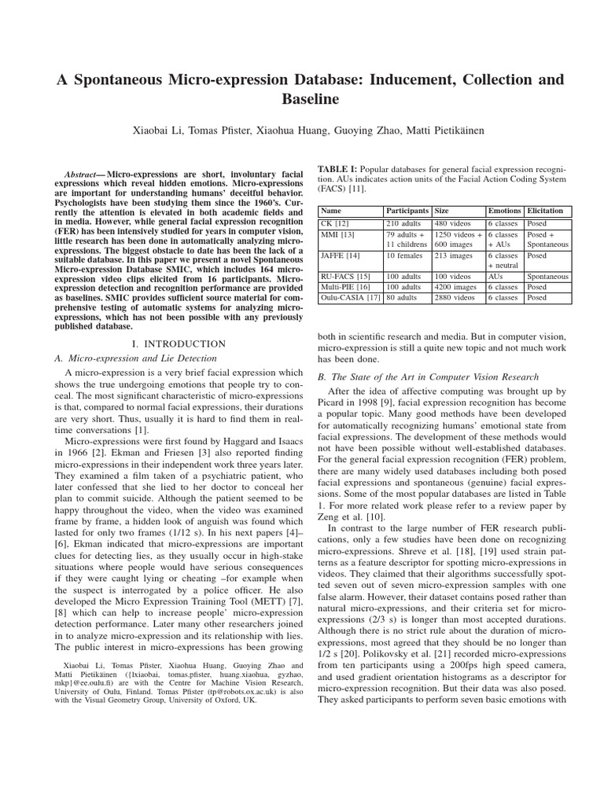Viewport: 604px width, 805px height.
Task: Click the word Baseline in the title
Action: [x=302, y=100]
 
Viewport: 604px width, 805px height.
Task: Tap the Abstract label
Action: [x=83, y=171]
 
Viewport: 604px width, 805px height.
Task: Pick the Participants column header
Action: [x=407, y=211]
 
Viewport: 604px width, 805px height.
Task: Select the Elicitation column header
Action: [x=545, y=211]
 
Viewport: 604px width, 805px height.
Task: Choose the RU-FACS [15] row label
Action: [x=345, y=277]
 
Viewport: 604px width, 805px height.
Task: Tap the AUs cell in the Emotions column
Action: [x=495, y=277]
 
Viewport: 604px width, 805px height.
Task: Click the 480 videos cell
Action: [x=454, y=223]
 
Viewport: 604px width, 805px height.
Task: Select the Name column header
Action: [x=332, y=211]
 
